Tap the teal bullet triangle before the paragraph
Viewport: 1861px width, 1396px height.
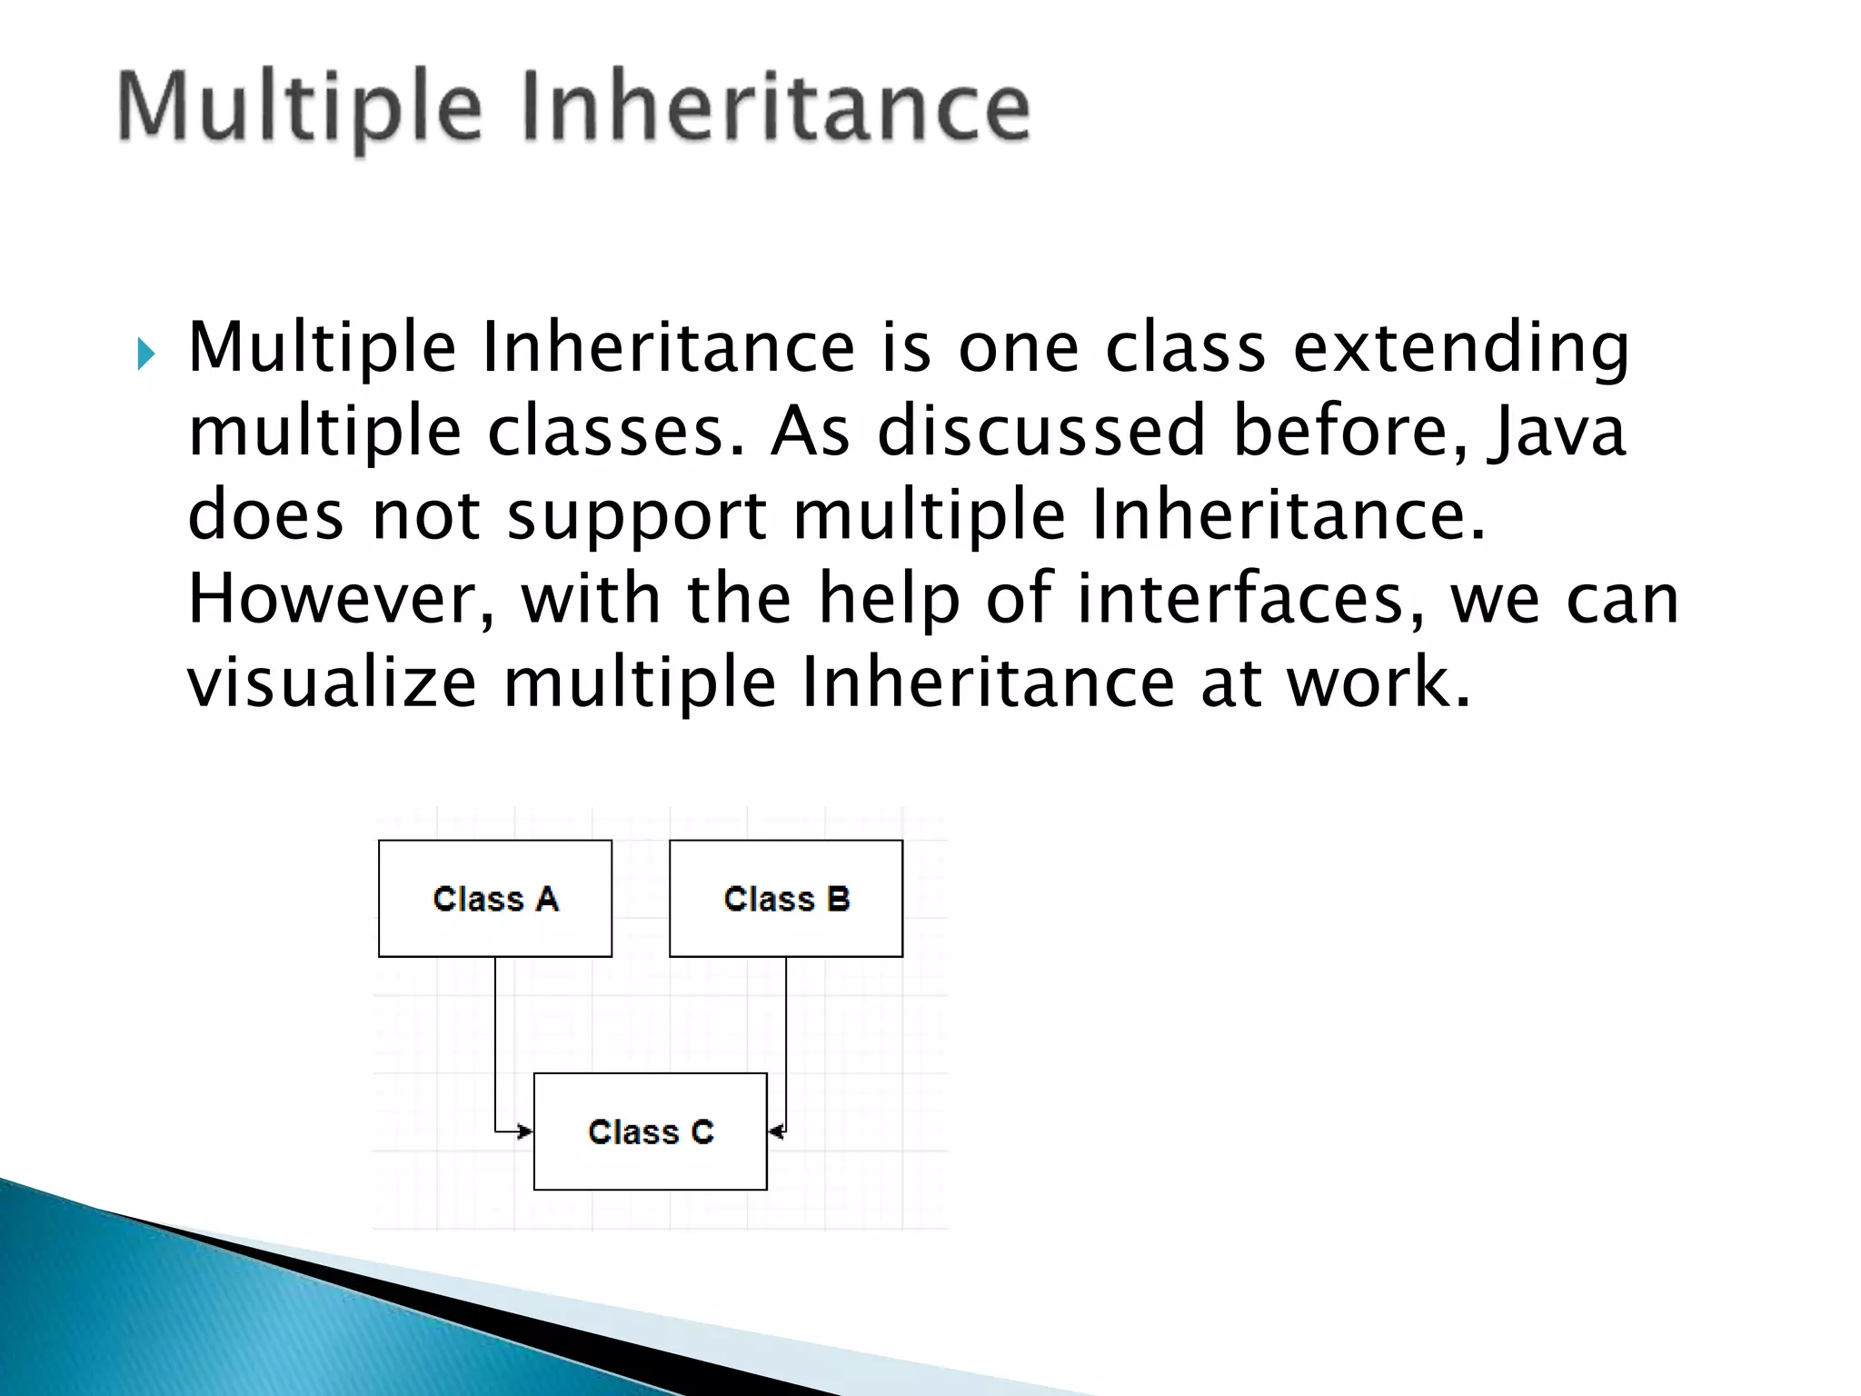coord(145,354)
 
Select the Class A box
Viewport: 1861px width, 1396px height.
coord(495,898)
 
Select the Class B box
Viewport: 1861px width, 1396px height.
coord(786,898)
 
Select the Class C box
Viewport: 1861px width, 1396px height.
coord(651,1132)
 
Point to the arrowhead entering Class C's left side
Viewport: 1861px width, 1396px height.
coord(525,1132)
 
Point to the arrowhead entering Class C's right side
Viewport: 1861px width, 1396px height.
coord(775,1132)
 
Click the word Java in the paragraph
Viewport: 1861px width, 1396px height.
coord(1556,432)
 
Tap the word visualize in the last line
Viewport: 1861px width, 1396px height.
coord(332,683)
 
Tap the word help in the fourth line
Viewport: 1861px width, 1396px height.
coord(889,600)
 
